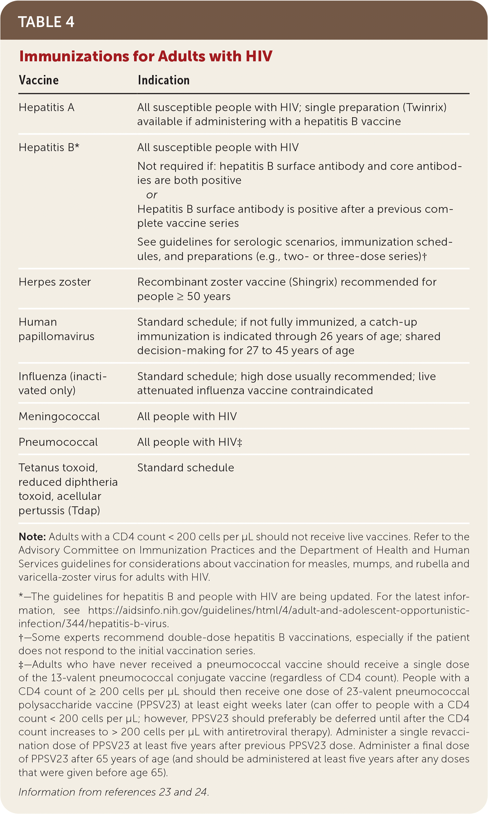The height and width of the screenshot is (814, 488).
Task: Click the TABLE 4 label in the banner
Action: coord(46,22)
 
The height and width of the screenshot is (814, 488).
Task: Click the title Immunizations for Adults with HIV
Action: coord(145,56)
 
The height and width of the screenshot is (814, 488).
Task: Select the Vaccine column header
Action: coord(39,80)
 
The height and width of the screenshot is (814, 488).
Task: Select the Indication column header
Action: coord(164,80)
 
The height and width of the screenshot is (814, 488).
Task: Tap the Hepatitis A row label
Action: coord(47,107)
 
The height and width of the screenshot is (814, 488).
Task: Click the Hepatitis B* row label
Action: coord(49,148)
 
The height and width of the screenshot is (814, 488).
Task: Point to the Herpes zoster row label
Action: coord(55,282)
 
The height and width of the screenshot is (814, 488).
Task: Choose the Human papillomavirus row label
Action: coord(56,329)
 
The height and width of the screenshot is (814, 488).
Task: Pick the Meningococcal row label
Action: coord(59,417)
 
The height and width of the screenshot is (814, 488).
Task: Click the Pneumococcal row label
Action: coord(58,442)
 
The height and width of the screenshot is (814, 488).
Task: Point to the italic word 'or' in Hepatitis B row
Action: coord(152,195)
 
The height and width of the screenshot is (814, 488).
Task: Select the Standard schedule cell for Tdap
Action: coord(186,468)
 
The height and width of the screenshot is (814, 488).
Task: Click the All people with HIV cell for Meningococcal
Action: coord(187,417)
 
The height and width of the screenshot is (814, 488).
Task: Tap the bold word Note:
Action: coord(32,537)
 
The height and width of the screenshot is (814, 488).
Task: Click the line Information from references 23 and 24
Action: coord(114,792)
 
